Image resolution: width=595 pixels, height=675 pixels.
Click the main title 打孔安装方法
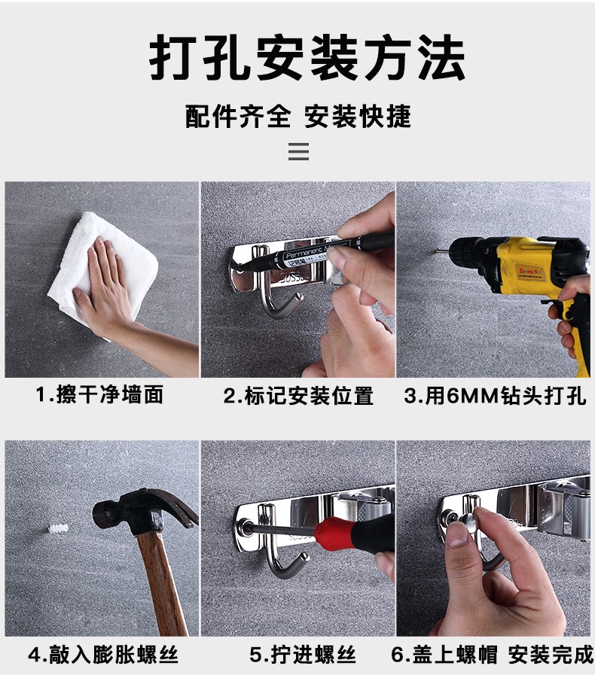(307, 58)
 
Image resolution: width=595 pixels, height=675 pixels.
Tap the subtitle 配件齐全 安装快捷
(298, 116)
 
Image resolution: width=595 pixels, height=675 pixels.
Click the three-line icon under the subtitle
(298, 151)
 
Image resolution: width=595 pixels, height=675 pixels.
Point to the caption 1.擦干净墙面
(99, 395)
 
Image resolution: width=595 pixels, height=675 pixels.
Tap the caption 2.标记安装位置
(298, 396)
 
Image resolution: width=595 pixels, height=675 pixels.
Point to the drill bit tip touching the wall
(437, 250)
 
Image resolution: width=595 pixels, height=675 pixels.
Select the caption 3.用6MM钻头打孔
(495, 396)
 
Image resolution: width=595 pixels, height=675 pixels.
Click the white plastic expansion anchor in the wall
(58, 528)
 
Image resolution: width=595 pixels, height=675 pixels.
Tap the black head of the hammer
(142, 510)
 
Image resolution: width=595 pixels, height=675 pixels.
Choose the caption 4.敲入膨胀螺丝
(103, 655)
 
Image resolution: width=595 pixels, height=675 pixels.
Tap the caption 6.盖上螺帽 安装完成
(492, 655)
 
